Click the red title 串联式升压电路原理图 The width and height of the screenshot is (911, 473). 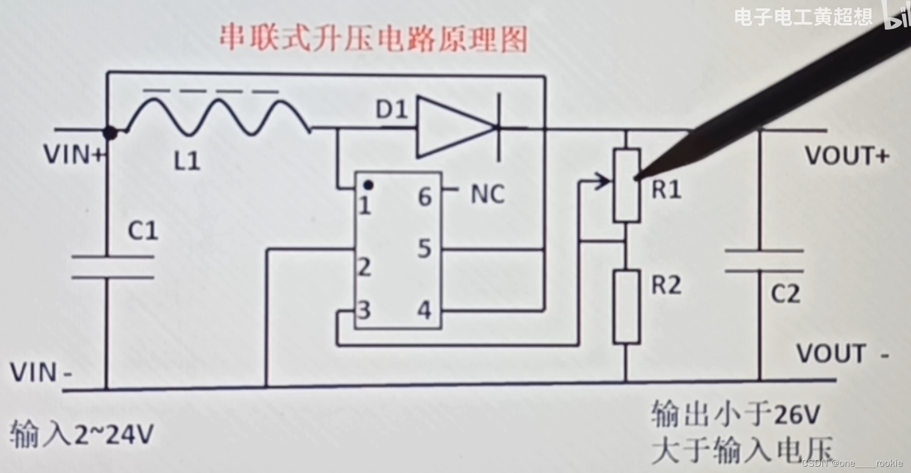point(373,38)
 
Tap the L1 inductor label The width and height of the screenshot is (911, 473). point(187,161)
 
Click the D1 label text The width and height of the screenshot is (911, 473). point(391,110)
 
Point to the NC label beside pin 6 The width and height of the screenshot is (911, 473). point(487,194)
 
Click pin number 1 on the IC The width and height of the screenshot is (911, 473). point(365,206)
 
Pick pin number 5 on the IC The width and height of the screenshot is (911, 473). point(425,249)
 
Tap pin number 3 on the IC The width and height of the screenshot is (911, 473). point(364,310)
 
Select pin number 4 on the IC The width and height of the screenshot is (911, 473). point(425,310)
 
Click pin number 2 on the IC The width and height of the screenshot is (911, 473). point(364,268)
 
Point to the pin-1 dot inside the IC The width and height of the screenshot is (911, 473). point(369,185)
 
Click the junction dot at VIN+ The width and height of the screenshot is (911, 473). point(110,133)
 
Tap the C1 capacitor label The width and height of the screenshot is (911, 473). point(143,231)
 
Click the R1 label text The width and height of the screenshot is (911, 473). point(667,190)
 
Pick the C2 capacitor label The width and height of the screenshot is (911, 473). point(785,294)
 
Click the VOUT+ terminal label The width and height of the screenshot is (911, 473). point(847,156)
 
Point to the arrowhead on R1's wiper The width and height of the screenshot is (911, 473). point(604,182)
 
